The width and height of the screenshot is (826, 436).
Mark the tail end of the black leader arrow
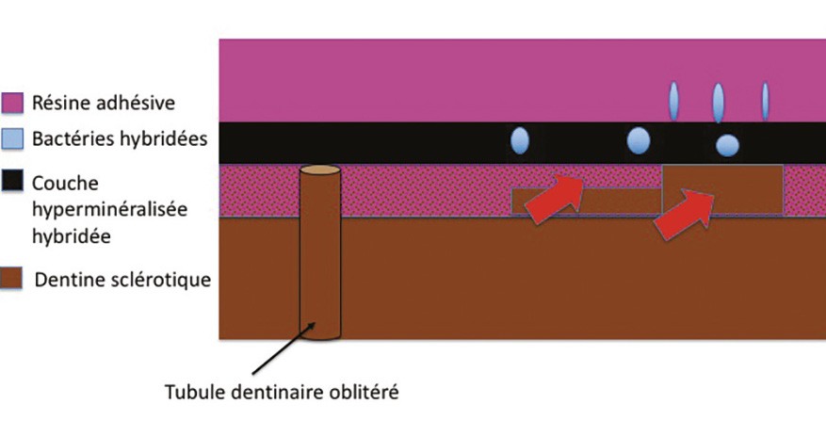[251, 375]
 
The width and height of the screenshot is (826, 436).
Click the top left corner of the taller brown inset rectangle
[662, 166]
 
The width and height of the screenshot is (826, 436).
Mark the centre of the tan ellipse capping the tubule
[320, 170]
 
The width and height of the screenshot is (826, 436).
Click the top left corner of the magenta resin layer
[219, 40]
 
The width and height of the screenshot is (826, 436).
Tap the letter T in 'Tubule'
[170, 393]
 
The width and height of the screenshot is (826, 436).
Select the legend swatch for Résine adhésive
[11, 103]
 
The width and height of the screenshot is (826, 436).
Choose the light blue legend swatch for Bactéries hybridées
[11, 139]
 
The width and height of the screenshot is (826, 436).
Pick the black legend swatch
[11, 180]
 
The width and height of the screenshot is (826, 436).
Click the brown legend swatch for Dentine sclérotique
[11, 279]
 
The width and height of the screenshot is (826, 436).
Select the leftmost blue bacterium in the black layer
[520, 141]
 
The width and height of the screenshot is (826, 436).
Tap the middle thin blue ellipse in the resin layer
[718, 102]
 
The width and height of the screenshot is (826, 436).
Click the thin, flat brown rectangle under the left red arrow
[587, 202]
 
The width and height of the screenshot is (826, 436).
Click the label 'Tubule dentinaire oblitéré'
[282, 393]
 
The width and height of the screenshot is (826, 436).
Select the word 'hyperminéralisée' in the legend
[109, 210]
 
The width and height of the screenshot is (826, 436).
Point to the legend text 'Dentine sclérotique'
[122, 279]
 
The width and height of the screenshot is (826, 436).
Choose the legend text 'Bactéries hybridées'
[120, 139]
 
